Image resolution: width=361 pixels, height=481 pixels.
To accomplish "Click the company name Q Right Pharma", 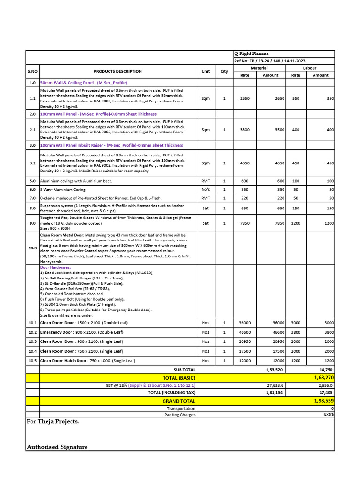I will coord(252,54).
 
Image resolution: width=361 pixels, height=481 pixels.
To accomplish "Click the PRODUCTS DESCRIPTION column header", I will coord(118,71).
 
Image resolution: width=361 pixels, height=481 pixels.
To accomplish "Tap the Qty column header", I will coord(224,71).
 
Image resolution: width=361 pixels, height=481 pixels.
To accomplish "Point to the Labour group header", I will coord(310,68).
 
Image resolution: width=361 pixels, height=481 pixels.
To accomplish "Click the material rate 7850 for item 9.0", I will coord(245,223).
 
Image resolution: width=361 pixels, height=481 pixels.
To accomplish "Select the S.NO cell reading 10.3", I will coord(32,341).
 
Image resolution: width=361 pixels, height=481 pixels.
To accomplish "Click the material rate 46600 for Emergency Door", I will coord(245,332).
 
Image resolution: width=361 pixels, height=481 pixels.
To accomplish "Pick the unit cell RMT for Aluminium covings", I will coord(205,181).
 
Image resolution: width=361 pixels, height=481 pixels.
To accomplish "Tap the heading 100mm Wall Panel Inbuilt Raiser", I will coord(112,145).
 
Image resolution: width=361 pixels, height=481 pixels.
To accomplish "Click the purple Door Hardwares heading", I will coord(55,267).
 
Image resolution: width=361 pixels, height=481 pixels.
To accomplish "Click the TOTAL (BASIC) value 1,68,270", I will coord(324,377).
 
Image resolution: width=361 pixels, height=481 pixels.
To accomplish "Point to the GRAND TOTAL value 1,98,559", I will coord(324,401).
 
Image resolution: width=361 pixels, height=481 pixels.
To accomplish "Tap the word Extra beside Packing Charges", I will coord(329,414).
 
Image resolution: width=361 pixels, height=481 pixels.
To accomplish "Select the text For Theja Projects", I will coord(53,421).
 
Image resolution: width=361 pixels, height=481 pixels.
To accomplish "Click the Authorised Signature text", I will coord(57,447).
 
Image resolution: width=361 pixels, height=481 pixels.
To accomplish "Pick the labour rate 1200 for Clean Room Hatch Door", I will coord(296,360).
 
